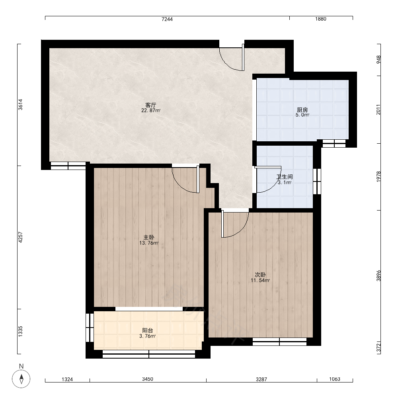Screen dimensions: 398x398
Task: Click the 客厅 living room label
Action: [150, 105]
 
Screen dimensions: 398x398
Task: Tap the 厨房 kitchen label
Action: [302, 110]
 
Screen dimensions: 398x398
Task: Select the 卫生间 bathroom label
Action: [285, 177]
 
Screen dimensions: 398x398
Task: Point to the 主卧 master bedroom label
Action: [149, 237]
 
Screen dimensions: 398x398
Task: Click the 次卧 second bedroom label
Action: [260, 275]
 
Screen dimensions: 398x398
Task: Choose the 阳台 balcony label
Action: [148, 330]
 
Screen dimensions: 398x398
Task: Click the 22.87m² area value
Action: [151, 110]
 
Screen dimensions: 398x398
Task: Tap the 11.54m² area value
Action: [260, 280]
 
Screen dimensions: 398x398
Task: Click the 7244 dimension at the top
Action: [167, 19]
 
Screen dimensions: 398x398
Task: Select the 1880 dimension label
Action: [320, 19]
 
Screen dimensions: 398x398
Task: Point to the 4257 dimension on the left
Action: [21, 237]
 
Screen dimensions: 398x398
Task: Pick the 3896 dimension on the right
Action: [378, 275]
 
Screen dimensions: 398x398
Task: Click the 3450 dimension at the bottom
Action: [148, 379]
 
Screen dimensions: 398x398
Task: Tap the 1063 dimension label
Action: [335, 379]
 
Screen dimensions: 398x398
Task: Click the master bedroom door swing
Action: [186, 180]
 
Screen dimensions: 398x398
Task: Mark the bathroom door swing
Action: [269, 179]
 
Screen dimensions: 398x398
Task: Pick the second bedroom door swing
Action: [235, 224]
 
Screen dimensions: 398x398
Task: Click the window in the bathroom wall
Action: [317, 181]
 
